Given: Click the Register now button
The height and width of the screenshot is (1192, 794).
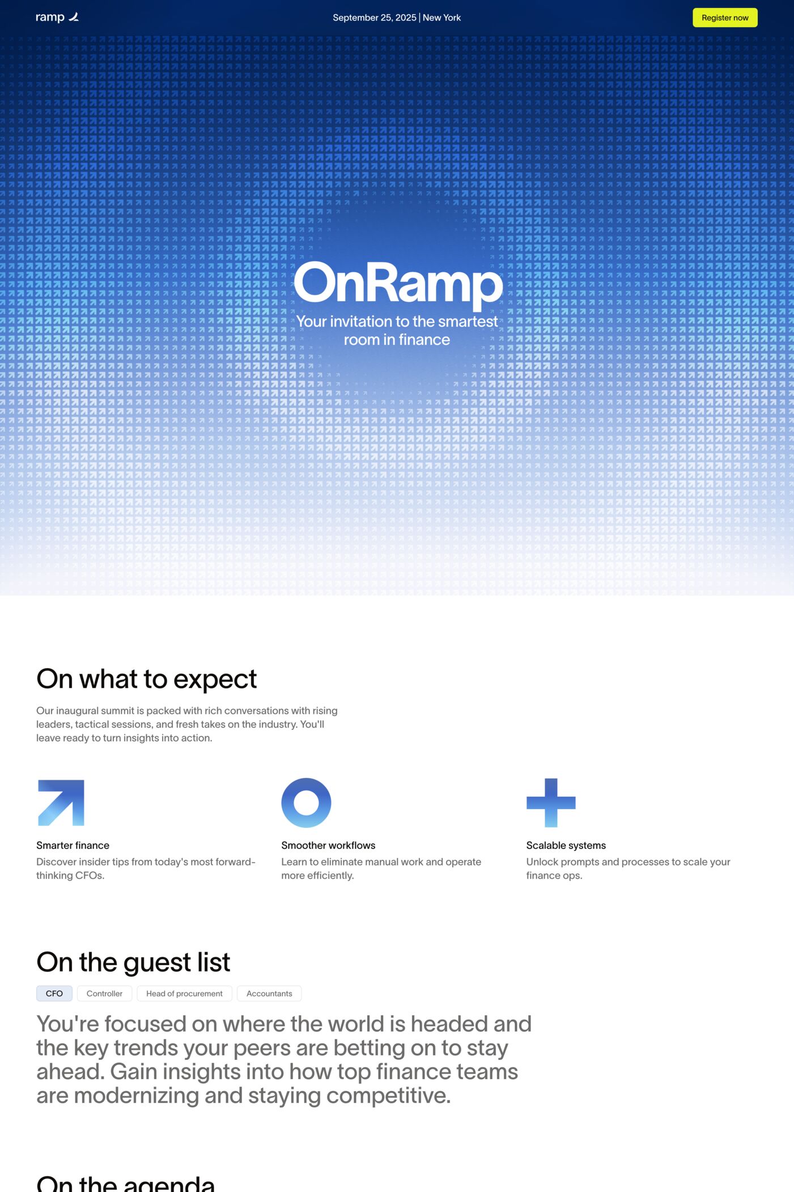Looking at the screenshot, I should [x=725, y=18].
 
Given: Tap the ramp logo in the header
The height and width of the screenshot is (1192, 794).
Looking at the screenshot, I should [x=57, y=18].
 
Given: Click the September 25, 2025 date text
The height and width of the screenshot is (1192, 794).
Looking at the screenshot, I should [x=374, y=18].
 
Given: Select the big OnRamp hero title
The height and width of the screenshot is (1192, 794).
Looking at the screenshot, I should [x=398, y=283].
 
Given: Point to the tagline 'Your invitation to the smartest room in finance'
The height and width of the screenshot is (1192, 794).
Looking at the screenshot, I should [x=397, y=330].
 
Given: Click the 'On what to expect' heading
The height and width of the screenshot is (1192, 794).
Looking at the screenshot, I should [x=146, y=679].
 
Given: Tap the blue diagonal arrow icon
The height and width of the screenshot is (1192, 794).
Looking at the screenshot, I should [x=61, y=802].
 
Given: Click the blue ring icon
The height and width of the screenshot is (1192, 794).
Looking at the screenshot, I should [x=306, y=802].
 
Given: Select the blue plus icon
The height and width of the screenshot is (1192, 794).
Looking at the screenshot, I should [x=551, y=802].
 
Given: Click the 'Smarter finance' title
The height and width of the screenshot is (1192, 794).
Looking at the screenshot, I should [x=73, y=845].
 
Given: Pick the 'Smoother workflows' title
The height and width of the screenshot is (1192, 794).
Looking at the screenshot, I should [x=328, y=845].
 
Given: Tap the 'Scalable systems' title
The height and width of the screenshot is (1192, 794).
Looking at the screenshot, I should [x=566, y=845].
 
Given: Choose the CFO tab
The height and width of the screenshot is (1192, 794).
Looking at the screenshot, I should [x=54, y=994].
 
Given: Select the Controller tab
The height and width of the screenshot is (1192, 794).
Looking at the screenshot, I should [x=104, y=994].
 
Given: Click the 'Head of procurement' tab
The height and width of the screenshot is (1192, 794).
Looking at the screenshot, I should [x=184, y=994].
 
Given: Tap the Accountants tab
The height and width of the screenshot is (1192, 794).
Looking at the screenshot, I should [x=269, y=994].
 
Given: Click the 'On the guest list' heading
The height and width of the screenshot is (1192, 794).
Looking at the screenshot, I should [x=133, y=962].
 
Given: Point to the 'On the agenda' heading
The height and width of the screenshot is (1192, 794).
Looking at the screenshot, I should [x=126, y=1184].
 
